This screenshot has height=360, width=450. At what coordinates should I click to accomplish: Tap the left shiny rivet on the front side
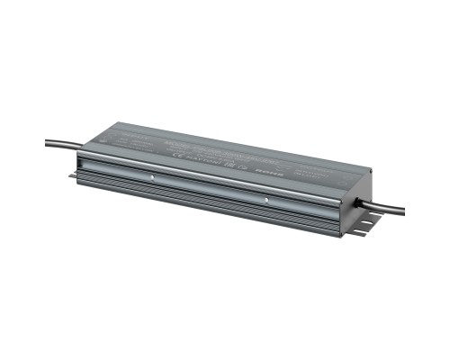[x=153, y=177]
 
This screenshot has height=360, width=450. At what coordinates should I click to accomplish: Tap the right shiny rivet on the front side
[x=267, y=197]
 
